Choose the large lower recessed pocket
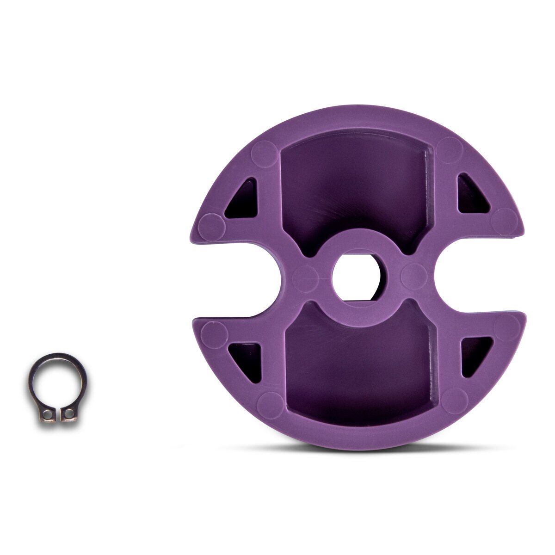(359, 365)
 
